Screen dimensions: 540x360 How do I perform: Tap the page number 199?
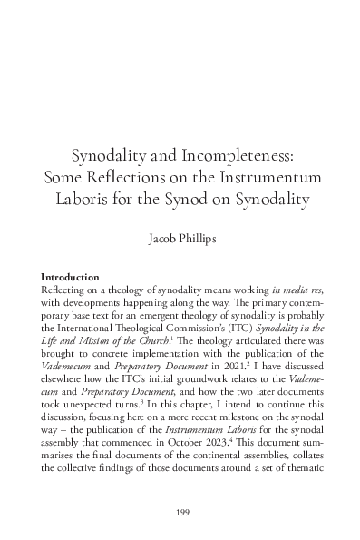click(180, 513)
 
